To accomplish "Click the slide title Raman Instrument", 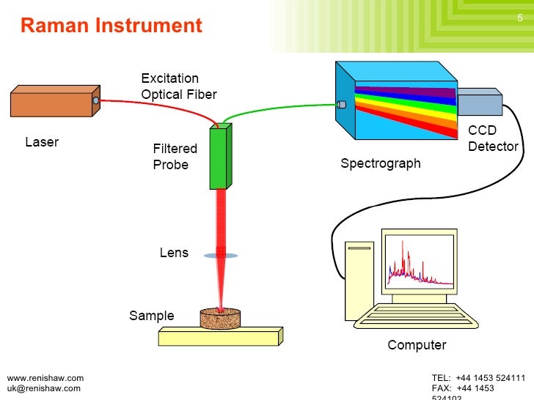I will coord(111,26).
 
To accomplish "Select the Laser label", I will coord(42,142).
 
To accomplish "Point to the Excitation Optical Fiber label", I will coord(178,86).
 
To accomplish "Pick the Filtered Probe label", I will coord(175,157).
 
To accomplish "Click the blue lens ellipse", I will coord(220,256).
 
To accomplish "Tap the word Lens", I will coord(174,253).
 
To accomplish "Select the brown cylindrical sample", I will coord(221,317).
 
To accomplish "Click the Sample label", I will coord(152,316).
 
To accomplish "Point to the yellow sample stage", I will coord(220,337).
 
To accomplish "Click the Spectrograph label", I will coord(381,163).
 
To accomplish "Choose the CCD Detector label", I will coord(493,138).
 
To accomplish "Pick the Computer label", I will coord(417,345).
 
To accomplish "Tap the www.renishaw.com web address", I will coord(45,378).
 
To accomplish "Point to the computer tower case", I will coord(359,282).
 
